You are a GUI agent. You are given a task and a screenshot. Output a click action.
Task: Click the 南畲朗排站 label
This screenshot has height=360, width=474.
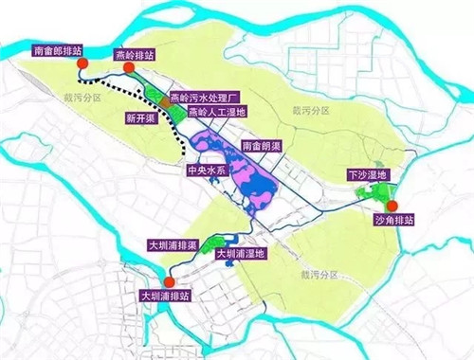(64, 50)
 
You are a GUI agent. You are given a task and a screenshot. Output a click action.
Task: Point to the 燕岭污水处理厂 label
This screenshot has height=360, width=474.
(208, 98)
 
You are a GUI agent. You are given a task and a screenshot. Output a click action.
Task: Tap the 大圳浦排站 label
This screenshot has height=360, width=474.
(170, 296)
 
